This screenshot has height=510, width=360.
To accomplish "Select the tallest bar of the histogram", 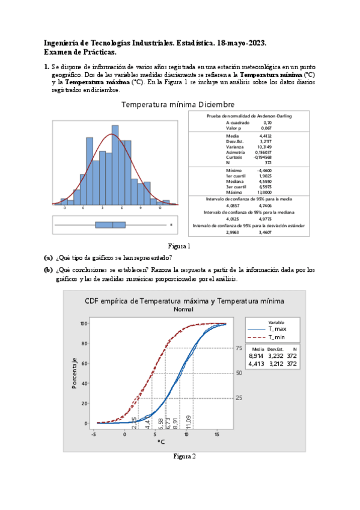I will [x=122, y=171].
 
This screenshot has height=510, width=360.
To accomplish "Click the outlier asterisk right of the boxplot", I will [x=171, y=225].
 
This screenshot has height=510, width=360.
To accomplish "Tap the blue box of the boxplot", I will [x=110, y=225].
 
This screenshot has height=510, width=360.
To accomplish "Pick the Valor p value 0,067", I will [x=266, y=128].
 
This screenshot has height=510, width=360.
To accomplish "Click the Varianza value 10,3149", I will [x=264, y=147].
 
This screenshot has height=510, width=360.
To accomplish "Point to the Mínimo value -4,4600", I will [x=264, y=171].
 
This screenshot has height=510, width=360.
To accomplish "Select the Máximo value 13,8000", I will [x=264, y=191].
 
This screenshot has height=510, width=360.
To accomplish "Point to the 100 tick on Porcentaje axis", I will [x=85, y=324].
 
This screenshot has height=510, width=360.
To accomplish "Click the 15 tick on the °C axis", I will [x=217, y=434].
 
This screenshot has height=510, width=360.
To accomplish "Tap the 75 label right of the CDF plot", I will [x=239, y=348].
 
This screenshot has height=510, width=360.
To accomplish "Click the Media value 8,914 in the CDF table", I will [x=256, y=356].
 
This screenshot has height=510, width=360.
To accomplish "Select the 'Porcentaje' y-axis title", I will [x=75, y=372].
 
